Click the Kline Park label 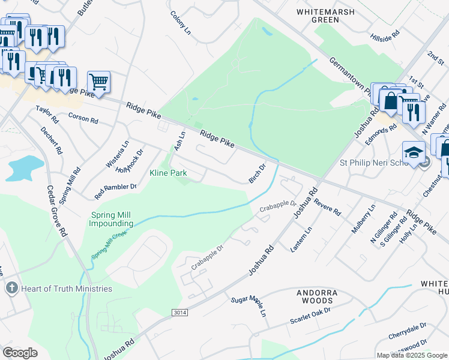pos(168,173)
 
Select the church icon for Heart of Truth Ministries pos(11,289)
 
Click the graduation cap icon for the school pos(414,153)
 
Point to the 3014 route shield pos(179,313)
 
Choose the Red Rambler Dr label pos(116,191)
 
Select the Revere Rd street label pos(327,208)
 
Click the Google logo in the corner pos(20,353)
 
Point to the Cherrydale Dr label pos(407,329)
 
